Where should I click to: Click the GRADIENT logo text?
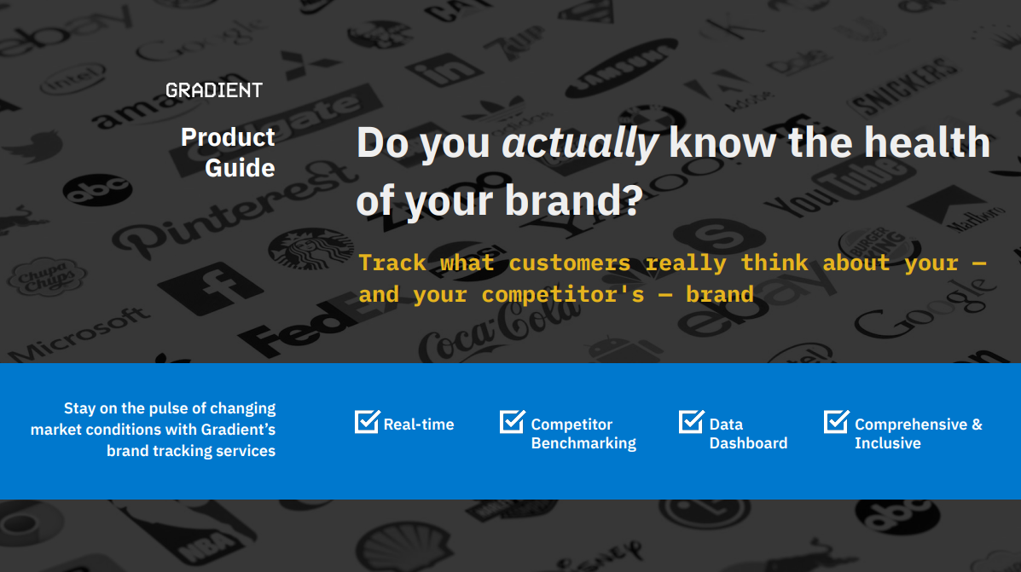214,90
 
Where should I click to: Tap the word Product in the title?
228,137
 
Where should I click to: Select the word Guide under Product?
240,168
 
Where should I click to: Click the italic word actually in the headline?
579,143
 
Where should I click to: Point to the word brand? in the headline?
574,199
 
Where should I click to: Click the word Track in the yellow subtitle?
392,263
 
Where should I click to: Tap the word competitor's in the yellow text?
563,295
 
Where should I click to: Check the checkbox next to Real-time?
368,421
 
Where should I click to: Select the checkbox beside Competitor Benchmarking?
513,421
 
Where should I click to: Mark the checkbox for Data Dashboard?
692,421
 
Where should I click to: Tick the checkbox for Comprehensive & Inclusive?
837,421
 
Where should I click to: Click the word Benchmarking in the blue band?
583,444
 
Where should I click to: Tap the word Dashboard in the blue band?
748,443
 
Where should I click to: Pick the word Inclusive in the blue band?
888,443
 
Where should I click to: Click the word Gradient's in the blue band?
238,430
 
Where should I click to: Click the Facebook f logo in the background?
210,287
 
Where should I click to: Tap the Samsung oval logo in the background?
621,67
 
